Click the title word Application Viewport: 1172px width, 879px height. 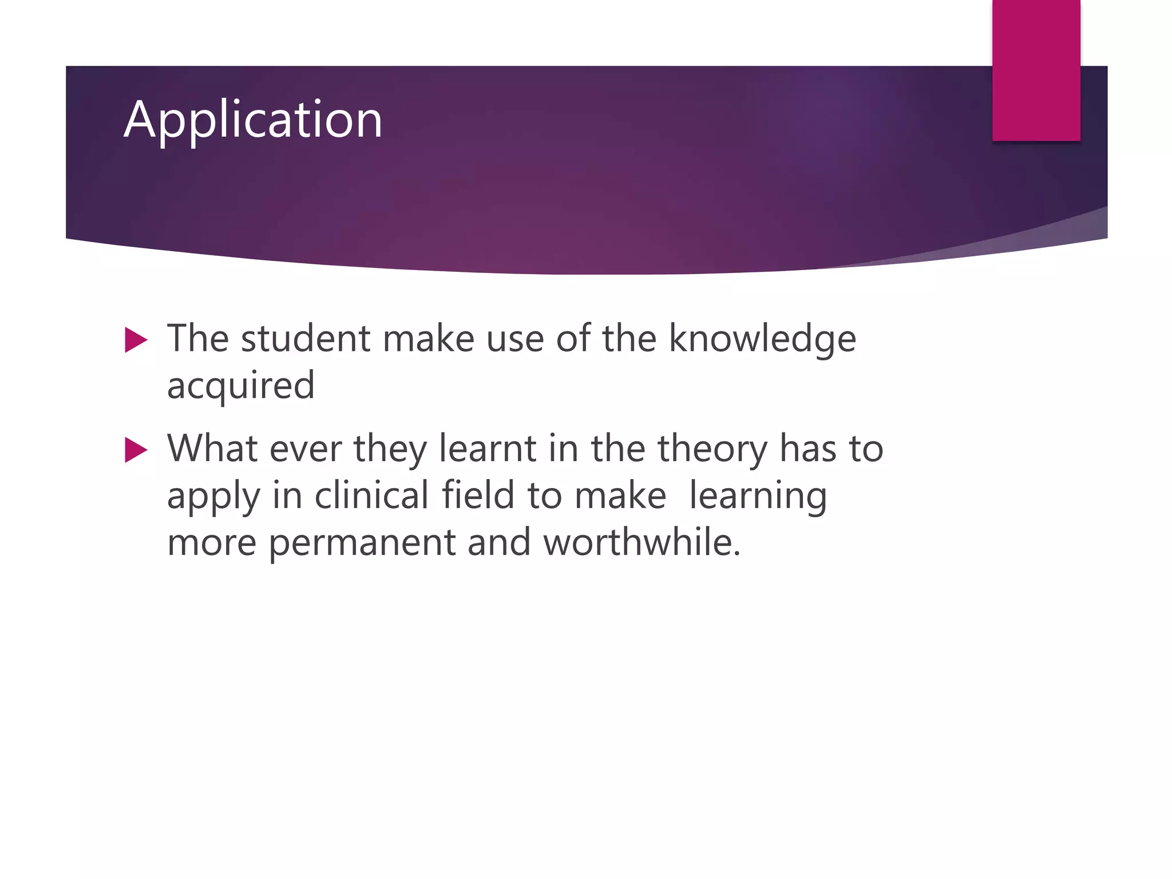252,120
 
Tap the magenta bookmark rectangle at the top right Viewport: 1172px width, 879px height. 1036,70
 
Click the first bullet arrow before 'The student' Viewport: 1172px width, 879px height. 136,340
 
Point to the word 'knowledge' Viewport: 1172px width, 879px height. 762,339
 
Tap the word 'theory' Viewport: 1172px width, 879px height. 712,449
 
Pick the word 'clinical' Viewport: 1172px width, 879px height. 371,495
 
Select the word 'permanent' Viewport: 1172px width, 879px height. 362,543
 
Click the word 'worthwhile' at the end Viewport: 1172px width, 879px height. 641,542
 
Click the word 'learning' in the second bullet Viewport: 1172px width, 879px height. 758,496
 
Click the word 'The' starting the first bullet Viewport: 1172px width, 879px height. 198,338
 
